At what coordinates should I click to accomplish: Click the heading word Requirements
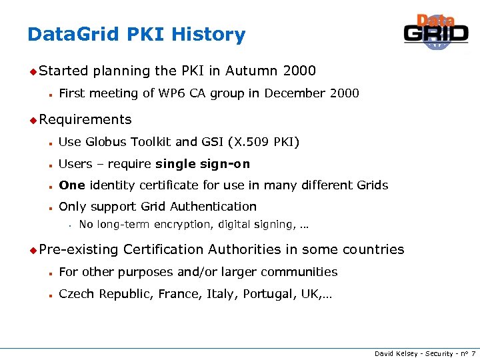pos(85,119)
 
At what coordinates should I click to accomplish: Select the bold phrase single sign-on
pos(203,164)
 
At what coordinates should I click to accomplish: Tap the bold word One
pos(71,185)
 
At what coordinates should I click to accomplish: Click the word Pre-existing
pos(79,249)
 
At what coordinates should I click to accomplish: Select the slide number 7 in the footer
pos(473,353)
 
